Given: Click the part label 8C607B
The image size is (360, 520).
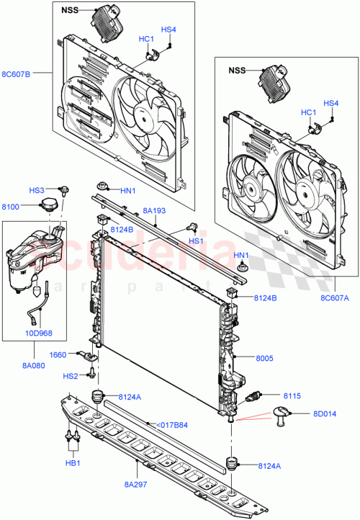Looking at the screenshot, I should tap(17, 73).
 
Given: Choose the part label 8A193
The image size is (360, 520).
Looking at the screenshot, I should tap(154, 210).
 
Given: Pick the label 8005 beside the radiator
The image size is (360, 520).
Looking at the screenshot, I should tap(266, 357).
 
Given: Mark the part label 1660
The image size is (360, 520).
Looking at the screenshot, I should tap(58, 354).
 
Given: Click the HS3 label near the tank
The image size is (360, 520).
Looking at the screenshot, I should tap(37, 189).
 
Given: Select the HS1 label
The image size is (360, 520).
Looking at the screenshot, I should tap(196, 241).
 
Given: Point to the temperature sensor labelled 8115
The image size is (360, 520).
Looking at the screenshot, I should tap(254, 397).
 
